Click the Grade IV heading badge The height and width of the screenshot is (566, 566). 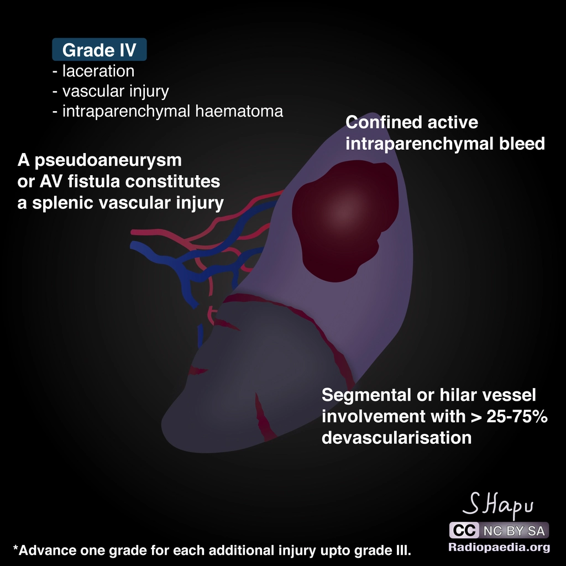click(99, 50)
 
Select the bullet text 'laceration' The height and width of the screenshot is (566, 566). click(98, 71)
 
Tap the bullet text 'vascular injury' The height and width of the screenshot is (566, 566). click(116, 91)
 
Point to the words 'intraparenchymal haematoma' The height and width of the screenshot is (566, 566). click(172, 111)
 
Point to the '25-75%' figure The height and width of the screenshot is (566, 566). click(517, 417)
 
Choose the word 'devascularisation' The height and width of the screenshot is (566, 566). click(396, 438)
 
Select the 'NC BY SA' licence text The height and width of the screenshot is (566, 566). click(513, 531)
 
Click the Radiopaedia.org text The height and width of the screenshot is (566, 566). click(499, 548)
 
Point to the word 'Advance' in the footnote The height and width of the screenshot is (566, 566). click(43, 551)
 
